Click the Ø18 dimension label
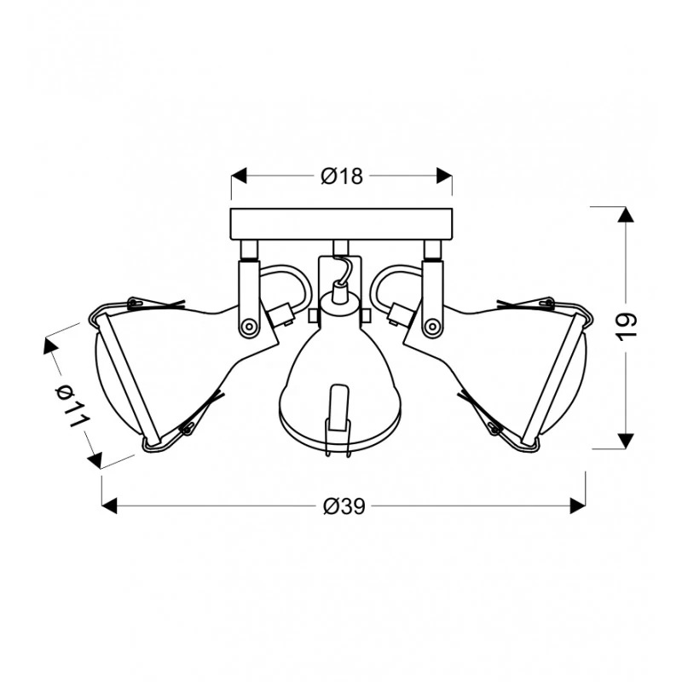[x=342, y=176]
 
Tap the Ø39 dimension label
[x=344, y=506]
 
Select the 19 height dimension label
[x=627, y=327]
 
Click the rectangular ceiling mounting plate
[x=342, y=224]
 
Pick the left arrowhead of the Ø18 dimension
[x=239, y=176]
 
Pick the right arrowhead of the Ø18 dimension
[x=444, y=176]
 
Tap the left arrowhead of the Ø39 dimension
[x=110, y=506]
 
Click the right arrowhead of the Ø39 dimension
[x=577, y=506]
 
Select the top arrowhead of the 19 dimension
[x=626, y=215]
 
